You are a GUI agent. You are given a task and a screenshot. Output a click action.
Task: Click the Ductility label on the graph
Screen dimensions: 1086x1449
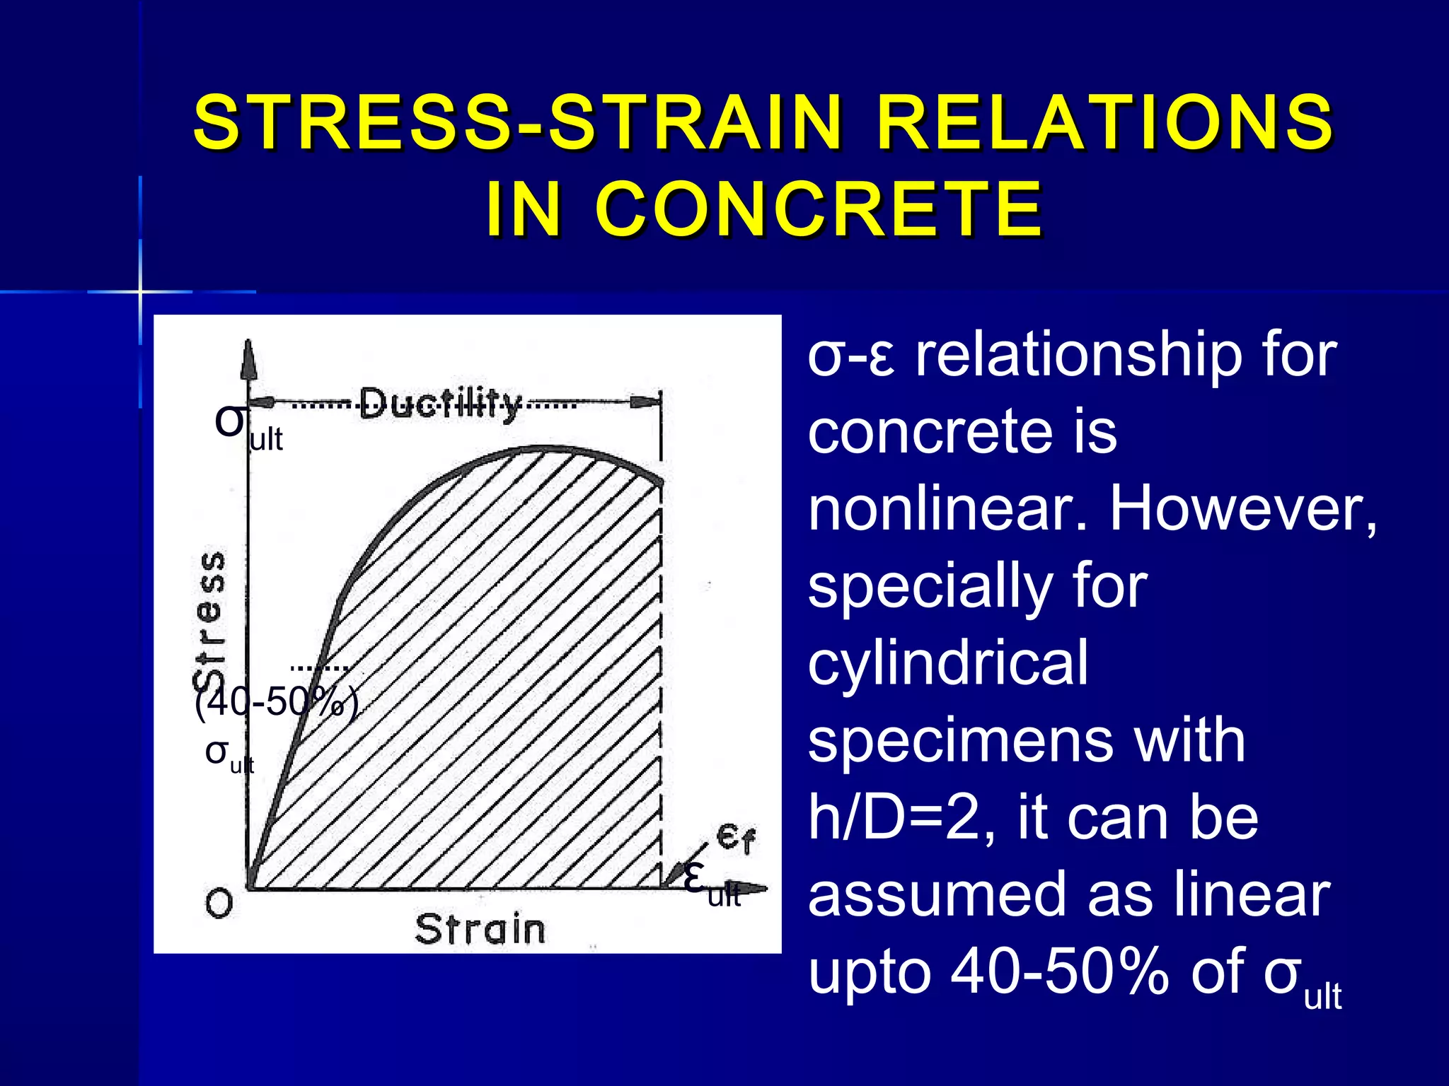click(x=440, y=404)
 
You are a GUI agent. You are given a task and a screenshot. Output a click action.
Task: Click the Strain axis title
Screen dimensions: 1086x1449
click(x=480, y=929)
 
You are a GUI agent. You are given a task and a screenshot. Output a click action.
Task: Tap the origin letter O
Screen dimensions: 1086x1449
click(x=219, y=904)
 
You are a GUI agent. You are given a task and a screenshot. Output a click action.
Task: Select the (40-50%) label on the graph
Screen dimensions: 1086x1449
click(x=277, y=703)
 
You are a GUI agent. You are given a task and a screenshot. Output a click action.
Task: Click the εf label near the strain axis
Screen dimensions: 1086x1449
click(x=736, y=839)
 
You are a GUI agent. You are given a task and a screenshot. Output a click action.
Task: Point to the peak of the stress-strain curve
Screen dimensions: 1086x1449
click(x=545, y=448)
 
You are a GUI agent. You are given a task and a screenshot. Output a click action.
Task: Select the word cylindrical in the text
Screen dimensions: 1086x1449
click(x=948, y=662)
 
